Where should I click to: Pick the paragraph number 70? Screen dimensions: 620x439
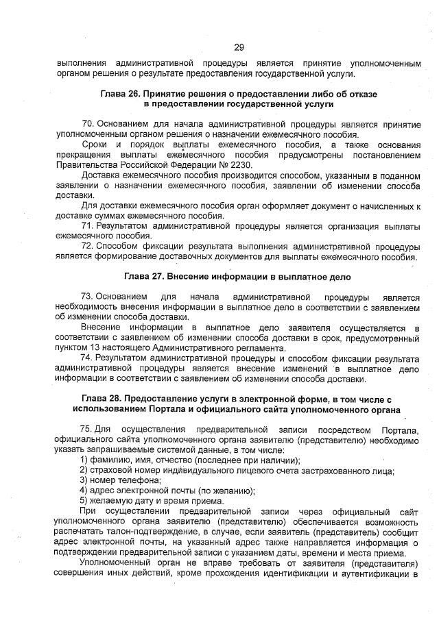click(x=88, y=123)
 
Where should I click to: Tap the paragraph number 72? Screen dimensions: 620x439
click(x=88, y=245)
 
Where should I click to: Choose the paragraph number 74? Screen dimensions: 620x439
click(x=88, y=358)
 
